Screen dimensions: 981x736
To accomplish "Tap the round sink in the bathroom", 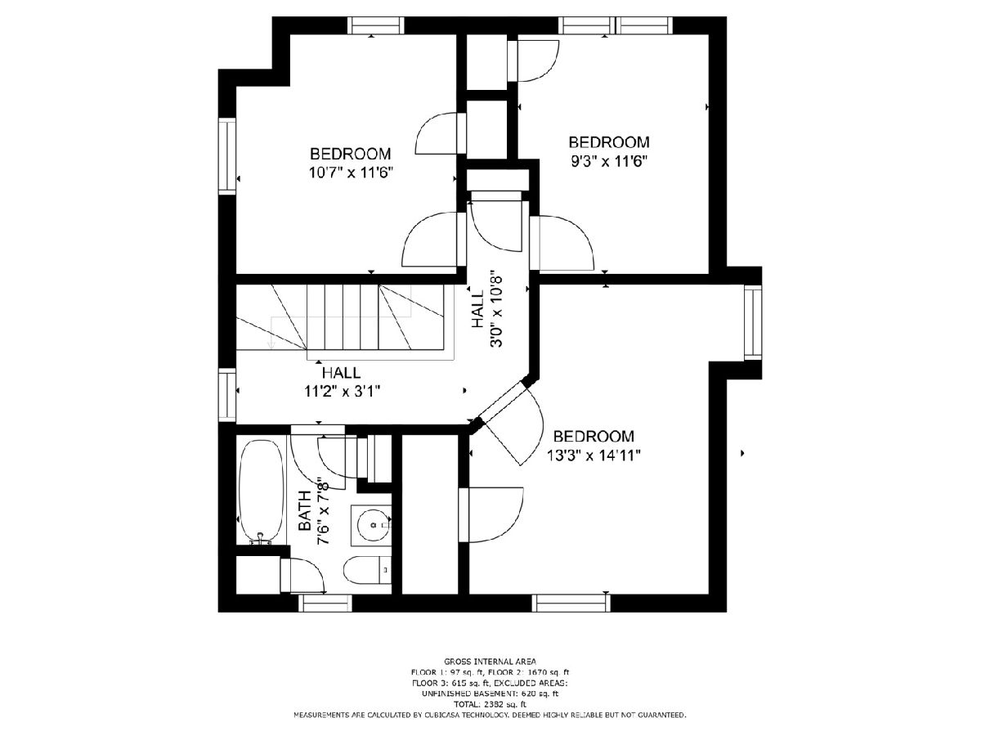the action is coord(371,525).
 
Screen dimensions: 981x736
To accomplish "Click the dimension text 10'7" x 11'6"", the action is coord(351,173).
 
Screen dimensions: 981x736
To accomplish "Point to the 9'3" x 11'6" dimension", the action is coord(609,161).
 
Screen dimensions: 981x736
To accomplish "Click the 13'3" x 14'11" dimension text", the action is coord(594,456).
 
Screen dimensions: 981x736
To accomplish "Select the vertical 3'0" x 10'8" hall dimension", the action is coord(496,308).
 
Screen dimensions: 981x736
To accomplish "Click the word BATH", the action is coord(304,510).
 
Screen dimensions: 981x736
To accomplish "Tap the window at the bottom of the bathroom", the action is coord(325,603).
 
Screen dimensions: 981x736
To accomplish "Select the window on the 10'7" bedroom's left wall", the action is coord(227,156).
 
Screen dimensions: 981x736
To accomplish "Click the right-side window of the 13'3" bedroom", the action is coord(753,322).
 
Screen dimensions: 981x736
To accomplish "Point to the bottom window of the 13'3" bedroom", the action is coord(571,603).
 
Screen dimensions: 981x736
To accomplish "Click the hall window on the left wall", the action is coord(227,395).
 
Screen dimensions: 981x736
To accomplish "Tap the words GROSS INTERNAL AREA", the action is coord(490,662).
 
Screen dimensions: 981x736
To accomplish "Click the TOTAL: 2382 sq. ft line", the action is coord(490,705).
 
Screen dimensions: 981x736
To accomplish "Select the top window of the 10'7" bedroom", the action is coord(376,25).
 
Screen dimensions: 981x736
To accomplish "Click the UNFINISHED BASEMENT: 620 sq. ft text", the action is coord(490,694).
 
